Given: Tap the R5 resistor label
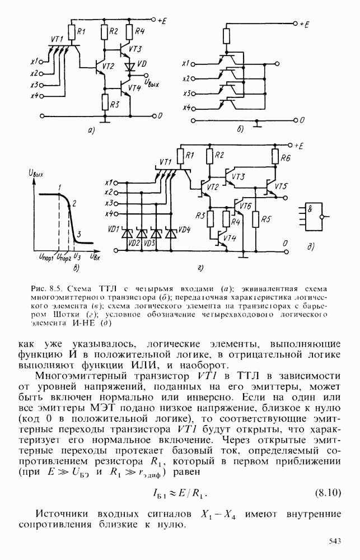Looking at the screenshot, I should (x=266, y=218).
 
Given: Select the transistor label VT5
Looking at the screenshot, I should (x=282, y=185).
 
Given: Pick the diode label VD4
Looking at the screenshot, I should (x=184, y=230).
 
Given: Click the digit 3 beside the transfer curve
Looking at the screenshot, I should (x=79, y=234).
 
